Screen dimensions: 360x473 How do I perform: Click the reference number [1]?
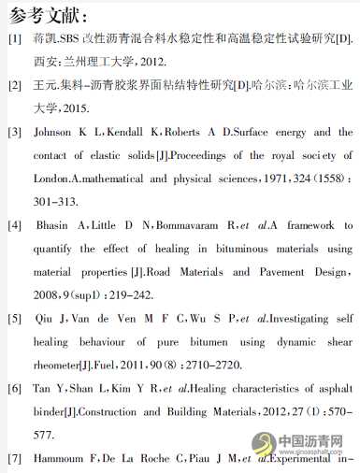click(x=14, y=39)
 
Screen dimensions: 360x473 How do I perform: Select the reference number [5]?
click(x=14, y=319)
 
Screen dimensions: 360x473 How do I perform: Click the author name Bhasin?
click(x=56, y=226)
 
